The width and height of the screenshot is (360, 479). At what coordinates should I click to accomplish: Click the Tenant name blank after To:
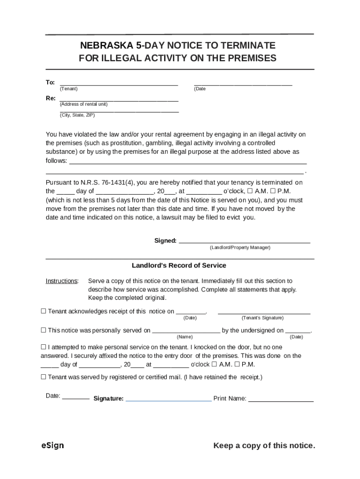click(119, 84)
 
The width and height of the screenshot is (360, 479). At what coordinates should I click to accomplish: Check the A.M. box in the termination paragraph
click(250, 191)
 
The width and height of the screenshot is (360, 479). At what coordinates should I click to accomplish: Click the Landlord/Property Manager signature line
click(245, 241)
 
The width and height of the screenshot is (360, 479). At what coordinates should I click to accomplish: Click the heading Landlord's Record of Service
click(179, 265)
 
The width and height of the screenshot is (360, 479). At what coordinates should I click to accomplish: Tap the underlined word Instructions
click(61, 281)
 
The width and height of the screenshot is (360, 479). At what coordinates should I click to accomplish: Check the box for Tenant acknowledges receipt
click(43, 311)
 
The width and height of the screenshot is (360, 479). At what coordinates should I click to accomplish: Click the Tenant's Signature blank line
click(264, 312)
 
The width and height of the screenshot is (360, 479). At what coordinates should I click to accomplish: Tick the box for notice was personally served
click(43, 330)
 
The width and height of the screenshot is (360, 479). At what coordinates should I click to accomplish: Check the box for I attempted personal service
click(43, 347)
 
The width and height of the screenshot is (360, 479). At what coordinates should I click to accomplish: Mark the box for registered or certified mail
click(43, 377)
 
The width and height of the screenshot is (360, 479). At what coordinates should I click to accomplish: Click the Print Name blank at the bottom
click(281, 399)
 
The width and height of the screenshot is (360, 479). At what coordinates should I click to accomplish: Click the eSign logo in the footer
click(52, 445)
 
